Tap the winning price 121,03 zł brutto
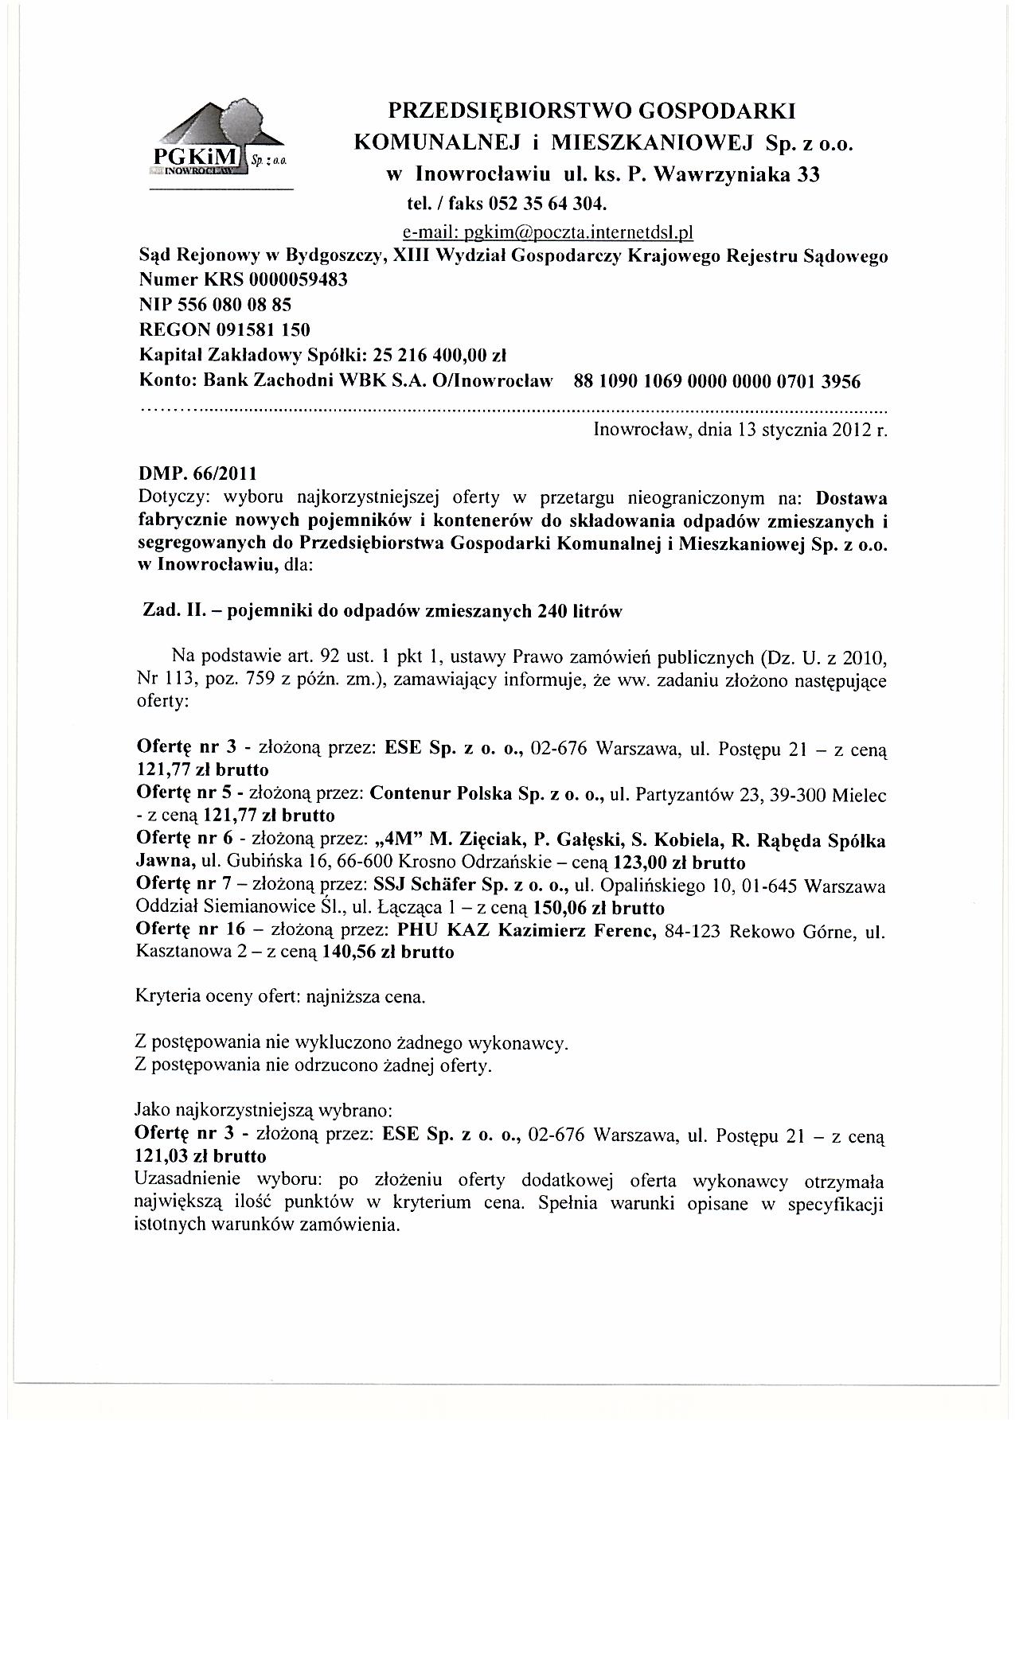[202, 1155]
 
